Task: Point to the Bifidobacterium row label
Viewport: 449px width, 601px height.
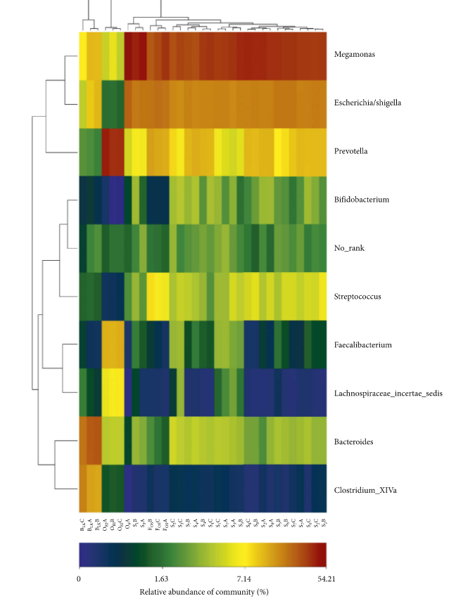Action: (x=360, y=200)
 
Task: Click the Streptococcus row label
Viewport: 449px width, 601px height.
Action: (x=358, y=297)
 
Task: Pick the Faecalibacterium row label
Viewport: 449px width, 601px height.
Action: (x=362, y=344)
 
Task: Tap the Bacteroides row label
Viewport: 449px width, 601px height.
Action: (x=353, y=441)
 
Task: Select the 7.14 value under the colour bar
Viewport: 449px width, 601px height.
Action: (x=244, y=578)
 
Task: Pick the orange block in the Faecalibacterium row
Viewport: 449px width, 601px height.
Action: (x=113, y=344)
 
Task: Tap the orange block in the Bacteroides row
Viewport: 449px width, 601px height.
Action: (x=90, y=441)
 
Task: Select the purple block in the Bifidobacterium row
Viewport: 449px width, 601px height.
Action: (x=113, y=200)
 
